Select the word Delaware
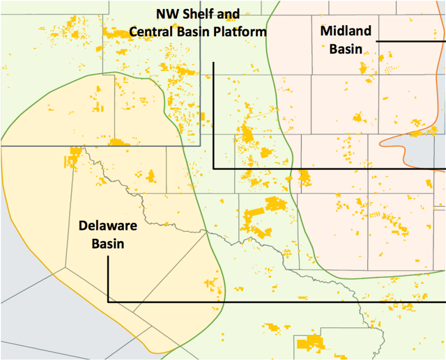[107, 226]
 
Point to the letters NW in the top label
[163, 14]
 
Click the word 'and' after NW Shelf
[229, 14]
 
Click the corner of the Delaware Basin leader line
[108, 302]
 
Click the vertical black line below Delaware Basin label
[108, 279]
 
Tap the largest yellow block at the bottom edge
[310, 343]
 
